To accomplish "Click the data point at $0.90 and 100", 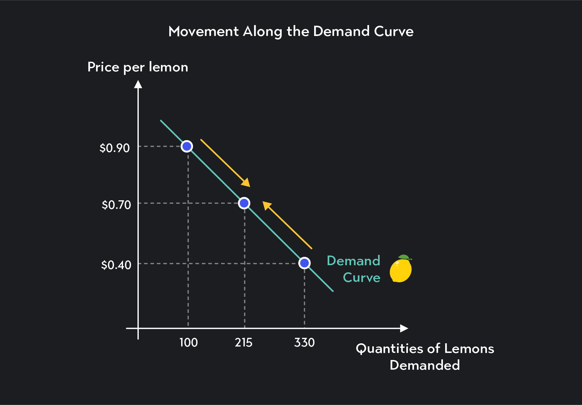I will (x=187, y=146).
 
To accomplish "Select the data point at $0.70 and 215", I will (x=244, y=203).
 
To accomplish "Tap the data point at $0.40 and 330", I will (x=304, y=263).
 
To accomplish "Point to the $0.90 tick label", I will (x=115, y=148).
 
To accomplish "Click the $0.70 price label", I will (x=116, y=205).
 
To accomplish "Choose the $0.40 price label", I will (x=116, y=265).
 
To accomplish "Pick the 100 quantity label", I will (x=189, y=343).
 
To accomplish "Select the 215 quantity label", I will (x=243, y=343).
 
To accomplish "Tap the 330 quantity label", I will (x=304, y=343).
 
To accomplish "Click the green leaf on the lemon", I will (x=404, y=257).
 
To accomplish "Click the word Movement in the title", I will (x=204, y=32).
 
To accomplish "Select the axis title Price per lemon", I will (x=138, y=67).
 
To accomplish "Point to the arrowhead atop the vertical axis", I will (x=138, y=84).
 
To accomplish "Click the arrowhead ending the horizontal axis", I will (x=404, y=328).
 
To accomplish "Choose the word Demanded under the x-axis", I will (x=425, y=365).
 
